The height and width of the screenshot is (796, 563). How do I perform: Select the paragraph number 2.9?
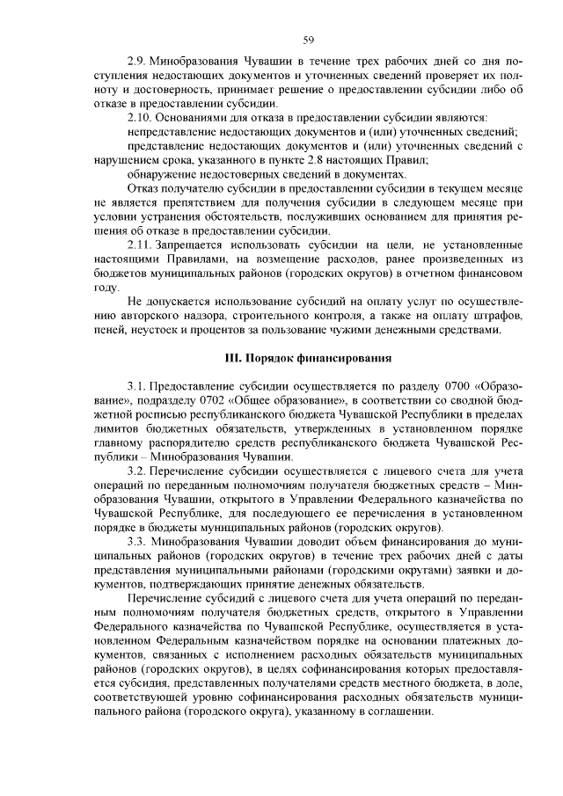click(137, 64)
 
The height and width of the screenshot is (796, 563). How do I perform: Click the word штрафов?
click(498, 317)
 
